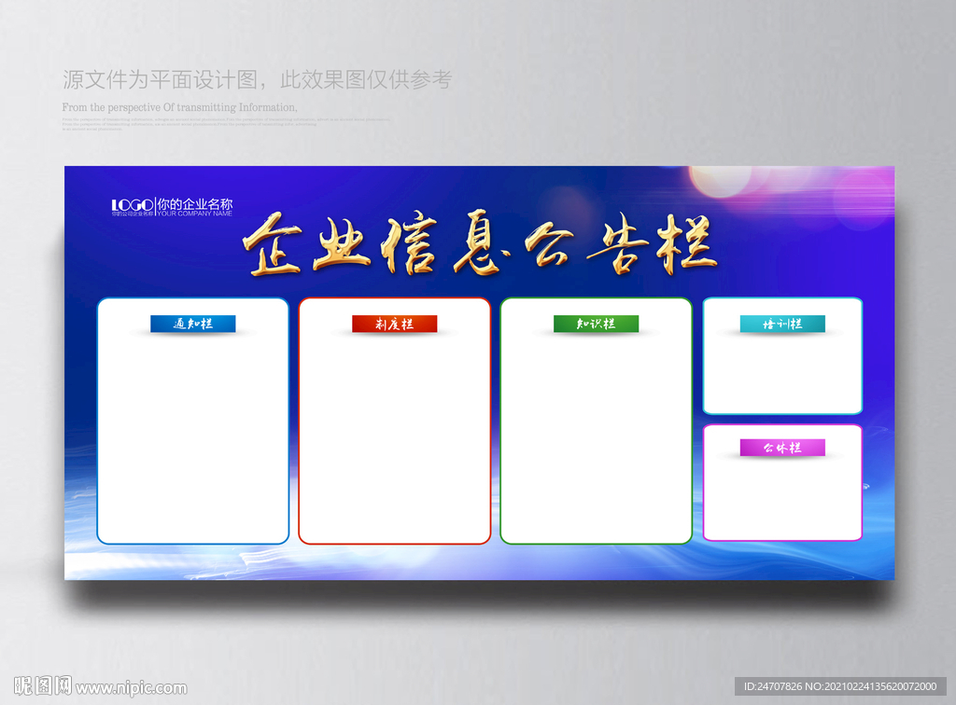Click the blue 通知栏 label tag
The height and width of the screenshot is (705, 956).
click(193, 324)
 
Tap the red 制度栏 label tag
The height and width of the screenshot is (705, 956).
click(394, 324)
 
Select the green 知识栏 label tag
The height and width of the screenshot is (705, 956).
click(596, 324)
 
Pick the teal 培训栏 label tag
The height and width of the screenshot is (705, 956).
click(782, 324)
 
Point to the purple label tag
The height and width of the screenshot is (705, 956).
click(782, 448)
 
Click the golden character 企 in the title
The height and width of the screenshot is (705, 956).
click(272, 245)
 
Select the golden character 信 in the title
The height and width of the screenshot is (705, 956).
click(409, 245)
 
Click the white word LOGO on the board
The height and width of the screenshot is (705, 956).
click(132, 204)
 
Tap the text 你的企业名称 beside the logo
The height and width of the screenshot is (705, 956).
click(194, 203)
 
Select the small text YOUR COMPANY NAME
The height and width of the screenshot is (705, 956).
click(194, 214)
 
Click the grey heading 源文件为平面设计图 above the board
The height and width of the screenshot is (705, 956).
click(158, 80)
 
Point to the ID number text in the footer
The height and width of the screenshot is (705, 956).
click(840, 687)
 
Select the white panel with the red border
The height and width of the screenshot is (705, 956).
click(394, 438)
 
